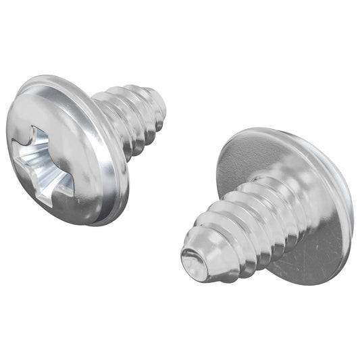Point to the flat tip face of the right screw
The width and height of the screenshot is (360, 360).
pyautogui.click(x=195, y=259)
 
